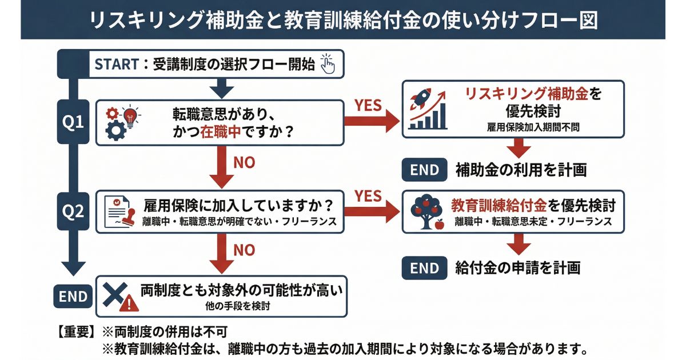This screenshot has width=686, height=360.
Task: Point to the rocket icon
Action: (x=422, y=102)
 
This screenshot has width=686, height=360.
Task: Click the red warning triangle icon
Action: (x=131, y=303)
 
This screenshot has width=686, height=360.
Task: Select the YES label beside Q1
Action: (x=369, y=106)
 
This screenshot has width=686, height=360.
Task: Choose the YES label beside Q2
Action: (x=369, y=196)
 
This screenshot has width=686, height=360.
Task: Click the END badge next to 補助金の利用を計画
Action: (x=424, y=170)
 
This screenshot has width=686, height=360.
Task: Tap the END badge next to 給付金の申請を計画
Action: (x=424, y=267)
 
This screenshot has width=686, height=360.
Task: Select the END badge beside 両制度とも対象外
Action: (x=74, y=296)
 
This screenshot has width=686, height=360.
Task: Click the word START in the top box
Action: (x=116, y=64)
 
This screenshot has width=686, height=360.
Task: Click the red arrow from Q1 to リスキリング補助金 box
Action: (x=372, y=121)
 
